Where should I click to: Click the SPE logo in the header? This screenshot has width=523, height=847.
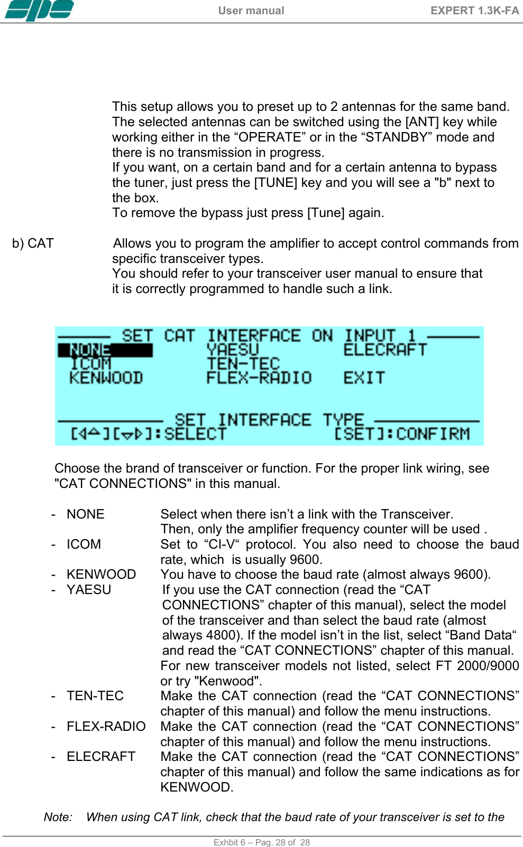coord(39,10)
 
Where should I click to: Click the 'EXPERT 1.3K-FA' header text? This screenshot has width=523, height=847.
coord(474,11)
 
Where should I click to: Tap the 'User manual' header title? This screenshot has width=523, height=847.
coord(251,11)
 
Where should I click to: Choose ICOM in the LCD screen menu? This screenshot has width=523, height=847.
coord(90,364)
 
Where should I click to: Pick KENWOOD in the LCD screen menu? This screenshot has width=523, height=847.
coord(106,378)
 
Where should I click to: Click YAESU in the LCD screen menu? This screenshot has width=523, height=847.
coord(233,350)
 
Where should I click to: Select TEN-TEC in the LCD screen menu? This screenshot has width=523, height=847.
coord(243,364)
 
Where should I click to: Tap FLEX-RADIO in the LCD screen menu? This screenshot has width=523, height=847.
coord(259,378)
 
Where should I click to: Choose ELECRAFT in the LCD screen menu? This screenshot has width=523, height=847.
coord(384,350)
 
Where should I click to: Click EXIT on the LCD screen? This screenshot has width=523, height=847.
coord(364,378)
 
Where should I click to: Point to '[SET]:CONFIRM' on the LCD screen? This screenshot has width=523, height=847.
coord(401,434)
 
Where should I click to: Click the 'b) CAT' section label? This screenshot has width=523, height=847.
coord(33,243)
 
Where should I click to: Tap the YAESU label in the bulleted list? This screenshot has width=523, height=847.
coord(89,590)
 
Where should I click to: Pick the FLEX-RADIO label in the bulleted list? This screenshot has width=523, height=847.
coord(106,727)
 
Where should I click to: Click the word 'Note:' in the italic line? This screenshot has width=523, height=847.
coord(58,817)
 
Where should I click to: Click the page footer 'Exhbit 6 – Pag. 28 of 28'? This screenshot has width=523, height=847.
coord(261,842)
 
